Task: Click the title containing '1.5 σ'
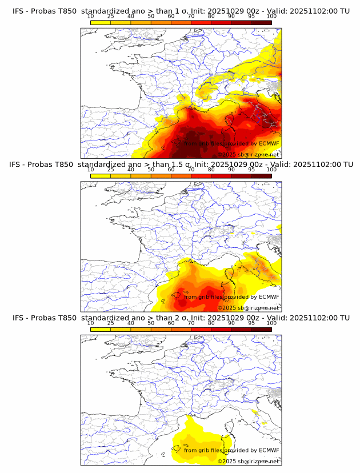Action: coord(181,165)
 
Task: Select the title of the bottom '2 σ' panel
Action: coord(181,318)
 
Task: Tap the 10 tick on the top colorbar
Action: coord(91,17)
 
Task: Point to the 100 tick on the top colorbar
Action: coord(271,17)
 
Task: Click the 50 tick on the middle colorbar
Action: coord(151,170)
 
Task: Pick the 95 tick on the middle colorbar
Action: coord(251,170)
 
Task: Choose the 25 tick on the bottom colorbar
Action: coord(111,323)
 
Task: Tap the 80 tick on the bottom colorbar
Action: coord(211,323)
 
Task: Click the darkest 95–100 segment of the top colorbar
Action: coord(261,23)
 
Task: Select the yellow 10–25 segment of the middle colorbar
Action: coord(101,176)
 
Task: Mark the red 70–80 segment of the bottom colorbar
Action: coord(201,329)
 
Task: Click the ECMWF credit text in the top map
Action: coord(231,144)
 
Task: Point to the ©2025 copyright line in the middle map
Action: coord(248,308)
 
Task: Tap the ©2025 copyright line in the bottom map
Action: coord(248,461)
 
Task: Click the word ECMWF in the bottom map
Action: coord(269,450)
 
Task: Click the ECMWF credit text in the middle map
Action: coord(231,297)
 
